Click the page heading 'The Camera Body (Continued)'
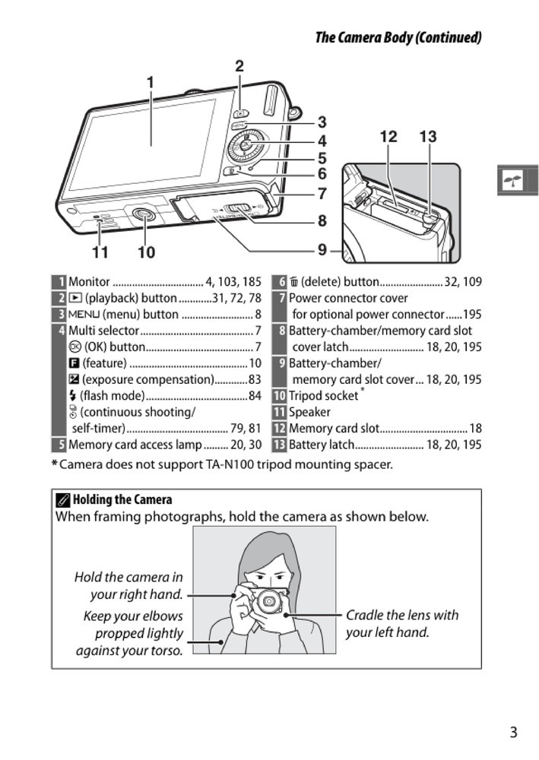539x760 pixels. point(398,37)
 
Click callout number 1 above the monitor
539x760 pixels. point(151,82)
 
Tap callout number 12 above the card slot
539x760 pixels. point(388,137)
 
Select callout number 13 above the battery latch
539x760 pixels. point(428,137)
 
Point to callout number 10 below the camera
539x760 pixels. point(146,252)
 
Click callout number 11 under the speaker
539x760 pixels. point(100,252)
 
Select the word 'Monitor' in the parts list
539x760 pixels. point(89,282)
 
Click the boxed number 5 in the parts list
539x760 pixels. point(59,445)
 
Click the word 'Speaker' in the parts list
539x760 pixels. point(309,412)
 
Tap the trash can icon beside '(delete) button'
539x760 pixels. point(293,282)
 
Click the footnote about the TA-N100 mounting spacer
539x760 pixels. point(223,464)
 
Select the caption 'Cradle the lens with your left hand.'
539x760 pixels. point(402,623)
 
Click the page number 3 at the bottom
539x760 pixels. point(513,733)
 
